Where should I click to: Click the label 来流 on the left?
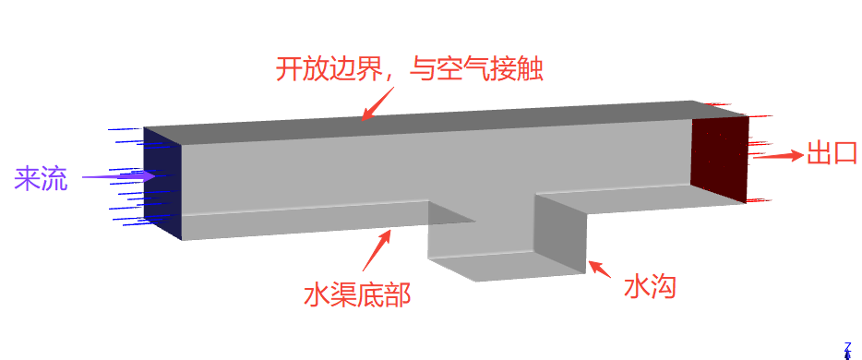[41, 178]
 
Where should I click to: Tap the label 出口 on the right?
[832, 152]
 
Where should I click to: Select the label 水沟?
[649, 287]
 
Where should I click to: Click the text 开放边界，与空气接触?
[410, 69]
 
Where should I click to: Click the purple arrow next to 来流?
[118, 176]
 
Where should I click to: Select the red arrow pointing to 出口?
[778, 156]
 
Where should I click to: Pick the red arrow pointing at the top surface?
[377, 103]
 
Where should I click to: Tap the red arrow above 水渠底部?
[377, 250]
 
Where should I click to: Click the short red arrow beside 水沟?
[600, 269]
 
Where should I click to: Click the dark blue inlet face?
[162, 184]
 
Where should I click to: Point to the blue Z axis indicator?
[847, 350]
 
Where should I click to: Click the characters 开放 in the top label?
[303, 69]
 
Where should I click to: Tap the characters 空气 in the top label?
[463, 69]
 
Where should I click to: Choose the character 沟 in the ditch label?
[663, 287]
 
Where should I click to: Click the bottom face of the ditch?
[506, 266]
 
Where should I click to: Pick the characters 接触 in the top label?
[517, 69]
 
